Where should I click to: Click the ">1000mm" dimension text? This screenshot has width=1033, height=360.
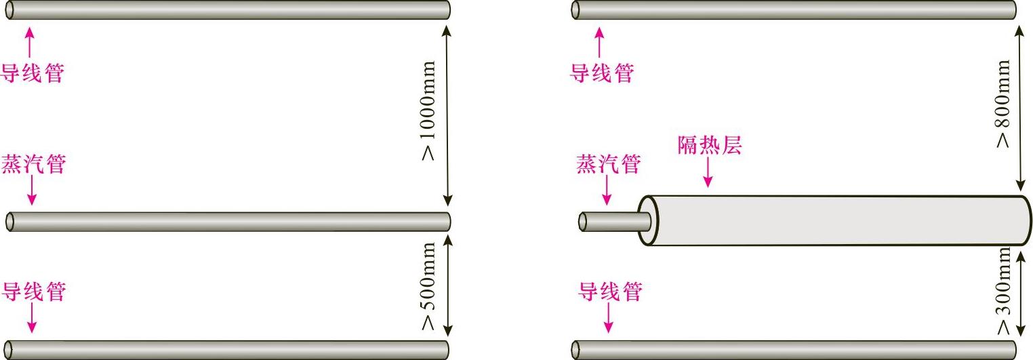click(x=428, y=111)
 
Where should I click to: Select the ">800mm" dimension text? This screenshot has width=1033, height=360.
click(x=1003, y=104)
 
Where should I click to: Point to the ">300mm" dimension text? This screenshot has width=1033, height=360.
click(x=1003, y=290)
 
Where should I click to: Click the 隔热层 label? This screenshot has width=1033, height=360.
click(x=709, y=146)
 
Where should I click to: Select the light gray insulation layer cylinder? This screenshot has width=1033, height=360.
click(x=834, y=220)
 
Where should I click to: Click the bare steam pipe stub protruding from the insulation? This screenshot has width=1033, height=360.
click(x=610, y=222)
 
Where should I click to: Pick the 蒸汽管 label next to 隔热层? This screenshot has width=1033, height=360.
click(x=608, y=164)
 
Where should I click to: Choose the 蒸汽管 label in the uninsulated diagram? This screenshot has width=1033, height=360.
click(x=33, y=164)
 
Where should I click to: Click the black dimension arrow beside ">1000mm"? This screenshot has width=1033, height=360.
click(x=447, y=115)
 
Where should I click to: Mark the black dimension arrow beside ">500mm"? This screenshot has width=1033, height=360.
click(x=447, y=285)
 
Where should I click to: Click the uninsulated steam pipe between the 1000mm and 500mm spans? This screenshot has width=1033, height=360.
click(x=227, y=222)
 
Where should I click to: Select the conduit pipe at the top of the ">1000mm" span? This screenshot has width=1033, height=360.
click(x=227, y=10)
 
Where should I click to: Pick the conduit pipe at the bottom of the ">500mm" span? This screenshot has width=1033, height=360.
click(x=227, y=349)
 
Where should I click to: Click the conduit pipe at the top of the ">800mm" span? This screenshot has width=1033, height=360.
click(x=793, y=10)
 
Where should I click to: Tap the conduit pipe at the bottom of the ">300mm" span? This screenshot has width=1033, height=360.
click(x=793, y=349)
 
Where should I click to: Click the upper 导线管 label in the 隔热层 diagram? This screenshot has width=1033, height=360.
click(x=601, y=73)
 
